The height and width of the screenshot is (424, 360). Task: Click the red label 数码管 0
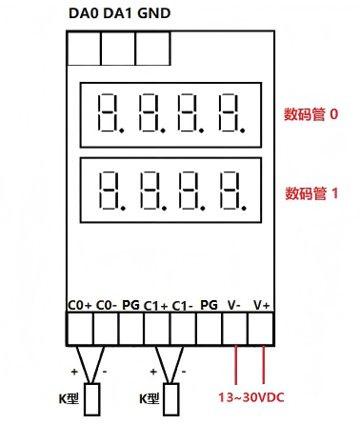(x=310, y=114)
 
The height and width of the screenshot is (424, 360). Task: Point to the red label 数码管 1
(x=310, y=192)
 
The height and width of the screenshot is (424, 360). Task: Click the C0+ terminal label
(x=80, y=305)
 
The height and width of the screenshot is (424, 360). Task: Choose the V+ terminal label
(x=261, y=305)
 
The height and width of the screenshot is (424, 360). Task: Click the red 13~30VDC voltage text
(x=250, y=397)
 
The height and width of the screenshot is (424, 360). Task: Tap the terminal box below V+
(x=261, y=328)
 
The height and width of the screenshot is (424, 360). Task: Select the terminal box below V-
(x=235, y=328)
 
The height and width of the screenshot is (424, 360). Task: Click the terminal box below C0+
(x=80, y=328)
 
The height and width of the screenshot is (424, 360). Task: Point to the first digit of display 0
(x=111, y=113)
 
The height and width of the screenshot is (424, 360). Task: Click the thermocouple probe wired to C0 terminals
(x=93, y=397)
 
